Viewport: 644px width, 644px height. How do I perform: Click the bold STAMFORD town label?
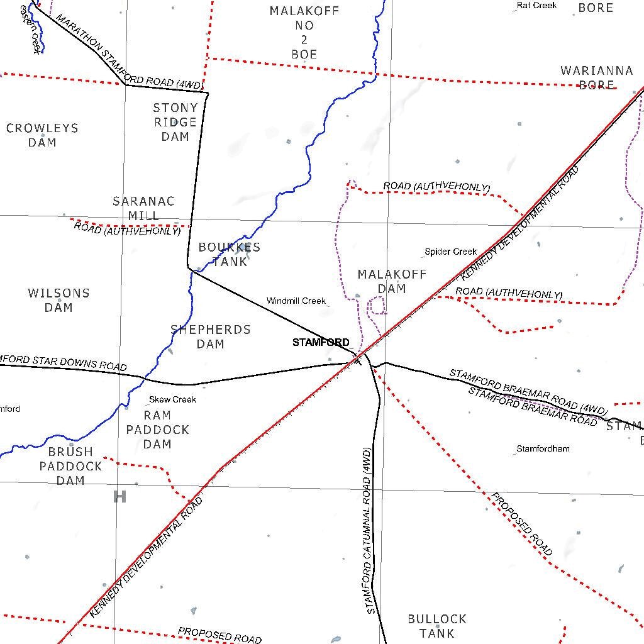321,343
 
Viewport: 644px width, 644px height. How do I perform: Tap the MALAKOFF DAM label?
392,281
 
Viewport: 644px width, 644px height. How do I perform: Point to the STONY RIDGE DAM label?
175,122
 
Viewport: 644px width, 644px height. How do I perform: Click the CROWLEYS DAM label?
42,135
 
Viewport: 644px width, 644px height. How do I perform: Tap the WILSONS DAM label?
58,300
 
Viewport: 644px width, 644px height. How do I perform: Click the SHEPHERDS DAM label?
211,336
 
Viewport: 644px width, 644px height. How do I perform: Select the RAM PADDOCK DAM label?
157,430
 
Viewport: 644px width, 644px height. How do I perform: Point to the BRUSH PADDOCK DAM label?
70,466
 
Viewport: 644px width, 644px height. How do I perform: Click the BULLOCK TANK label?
437,626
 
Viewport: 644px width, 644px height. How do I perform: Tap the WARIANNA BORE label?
596,77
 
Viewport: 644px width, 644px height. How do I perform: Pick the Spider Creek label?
451,252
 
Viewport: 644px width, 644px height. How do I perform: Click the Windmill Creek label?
296,301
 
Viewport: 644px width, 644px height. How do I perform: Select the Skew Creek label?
172,399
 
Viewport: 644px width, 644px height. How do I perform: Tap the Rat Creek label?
536,6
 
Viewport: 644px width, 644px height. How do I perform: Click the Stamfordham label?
543,448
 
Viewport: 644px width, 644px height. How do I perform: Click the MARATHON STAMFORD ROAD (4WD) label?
129,52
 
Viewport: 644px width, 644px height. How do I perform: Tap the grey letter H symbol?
119,497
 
